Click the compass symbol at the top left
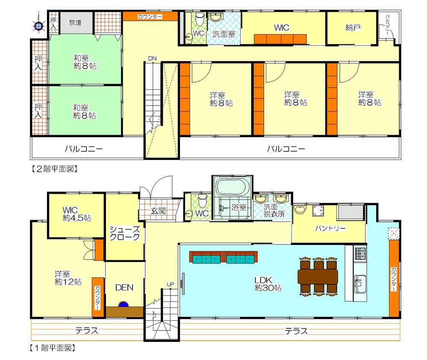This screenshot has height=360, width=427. (38, 26)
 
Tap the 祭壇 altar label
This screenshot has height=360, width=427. (75, 22)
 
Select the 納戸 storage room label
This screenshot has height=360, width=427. (353, 27)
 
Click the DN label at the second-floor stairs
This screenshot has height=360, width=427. (153, 58)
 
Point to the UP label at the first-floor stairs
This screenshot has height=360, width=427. (171, 284)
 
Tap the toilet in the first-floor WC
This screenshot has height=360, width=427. (202, 201)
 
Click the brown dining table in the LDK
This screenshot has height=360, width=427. (318, 277)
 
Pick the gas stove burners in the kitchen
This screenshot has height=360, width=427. (360, 253)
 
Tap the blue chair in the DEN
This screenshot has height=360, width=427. (124, 304)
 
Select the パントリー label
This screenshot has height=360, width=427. (330, 228)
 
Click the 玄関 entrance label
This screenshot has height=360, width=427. (158, 210)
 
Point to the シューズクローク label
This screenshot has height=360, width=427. (125, 233)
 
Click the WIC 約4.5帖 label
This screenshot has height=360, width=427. (77, 214)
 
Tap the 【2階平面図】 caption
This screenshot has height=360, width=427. (54, 169)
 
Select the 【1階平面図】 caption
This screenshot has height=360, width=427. (53, 348)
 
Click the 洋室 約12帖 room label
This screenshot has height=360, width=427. (68, 278)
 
